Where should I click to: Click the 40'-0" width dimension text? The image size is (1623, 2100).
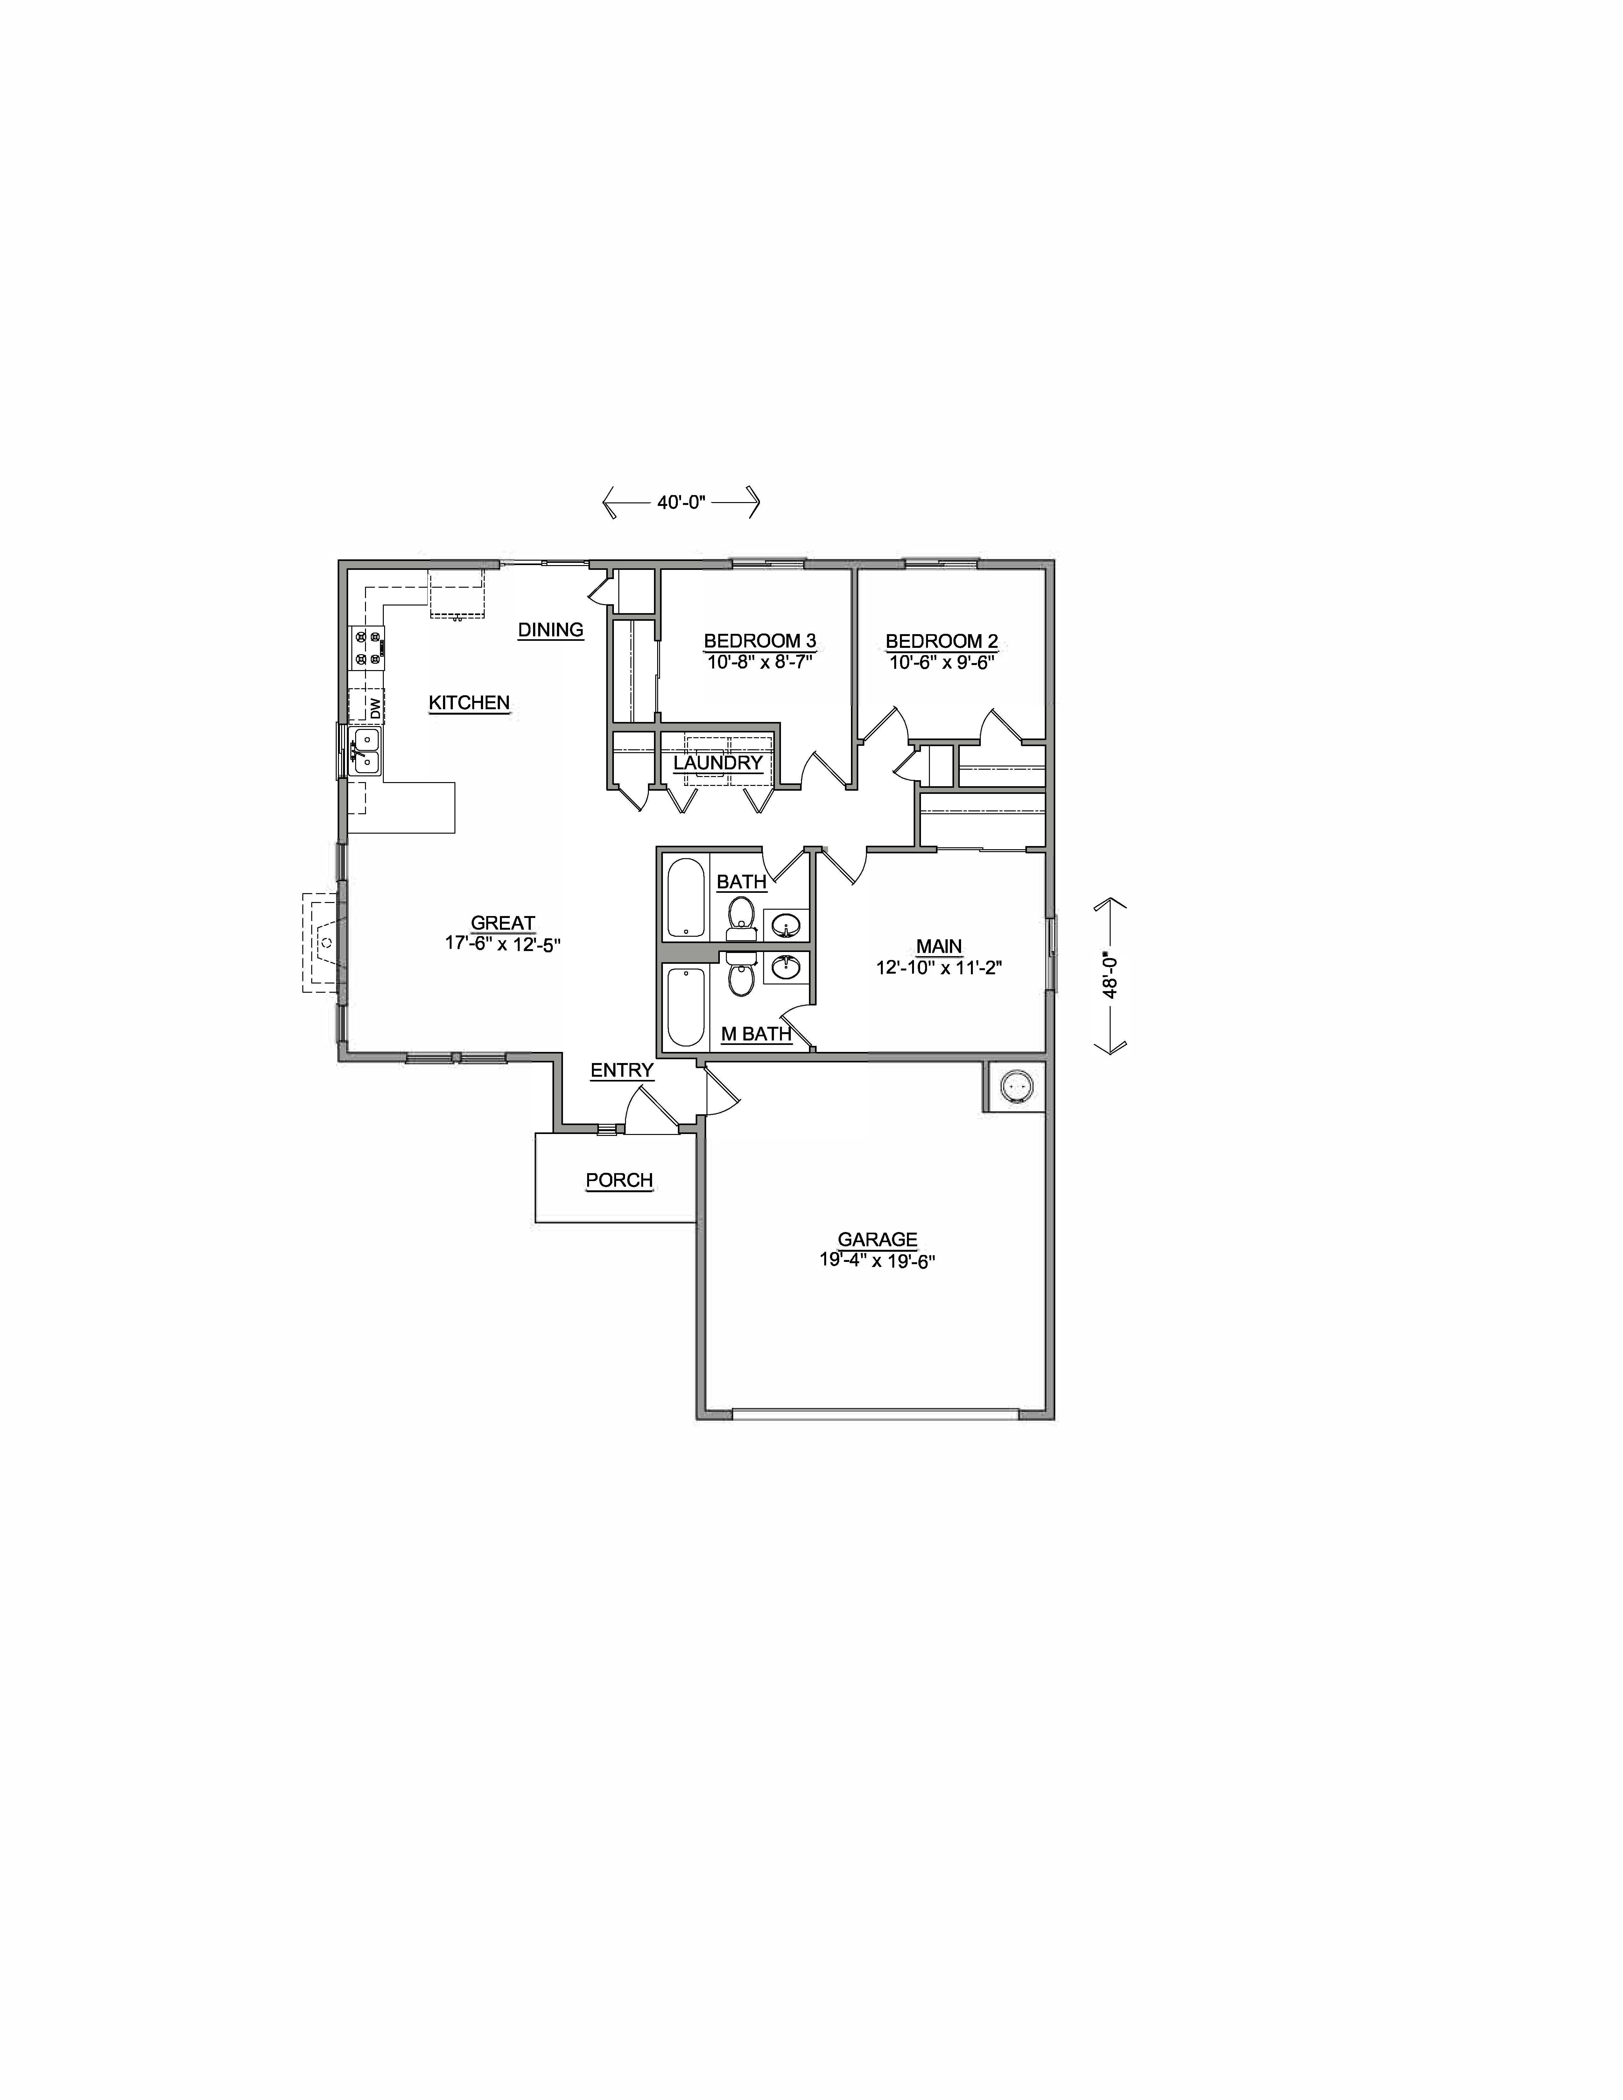(x=682, y=502)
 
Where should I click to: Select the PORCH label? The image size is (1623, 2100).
(x=619, y=1180)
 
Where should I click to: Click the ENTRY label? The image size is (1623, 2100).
(x=621, y=1070)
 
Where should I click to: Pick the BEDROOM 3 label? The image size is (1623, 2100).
(x=760, y=640)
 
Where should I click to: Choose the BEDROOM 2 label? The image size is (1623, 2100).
(x=941, y=640)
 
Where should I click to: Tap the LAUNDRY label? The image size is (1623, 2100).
(x=717, y=762)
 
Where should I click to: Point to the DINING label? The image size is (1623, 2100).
(x=550, y=630)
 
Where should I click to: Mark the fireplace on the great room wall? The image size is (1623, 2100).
(x=322, y=942)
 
